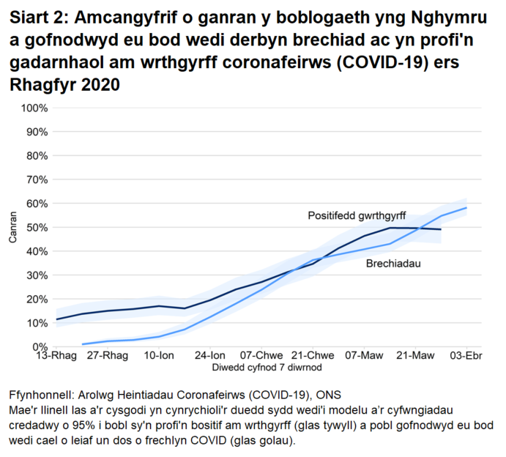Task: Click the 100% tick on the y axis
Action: pos(34,108)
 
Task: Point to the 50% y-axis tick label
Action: pos(37,228)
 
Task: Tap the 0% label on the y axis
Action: pos(40,346)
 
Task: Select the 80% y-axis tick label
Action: pos(37,156)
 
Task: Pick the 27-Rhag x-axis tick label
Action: pos(108,356)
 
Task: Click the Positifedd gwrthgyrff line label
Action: pos(357,216)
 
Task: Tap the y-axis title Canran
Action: pos(12,228)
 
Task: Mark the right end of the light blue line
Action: pos(466,208)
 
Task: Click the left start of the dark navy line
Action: pos(57,319)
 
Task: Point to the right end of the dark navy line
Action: pos(441,229)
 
